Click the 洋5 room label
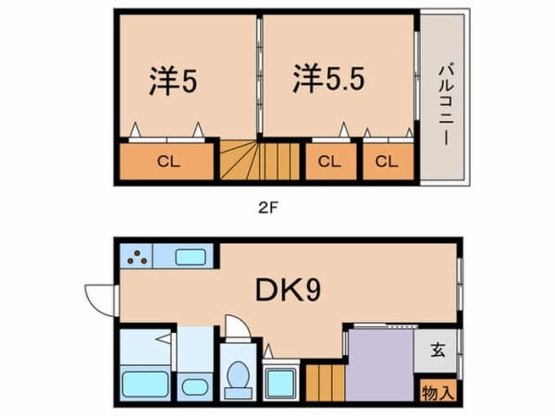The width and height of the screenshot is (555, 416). [175, 80]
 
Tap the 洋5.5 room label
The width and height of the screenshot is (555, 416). [329, 79]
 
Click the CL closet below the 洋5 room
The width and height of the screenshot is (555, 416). [167, 162]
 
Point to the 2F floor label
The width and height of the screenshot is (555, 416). [267, 208]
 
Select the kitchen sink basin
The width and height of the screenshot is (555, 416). [190, 257]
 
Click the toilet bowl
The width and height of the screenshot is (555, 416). [238, 378]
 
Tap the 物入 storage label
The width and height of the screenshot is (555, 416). [438, 392]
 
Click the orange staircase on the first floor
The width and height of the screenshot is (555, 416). [324, 382]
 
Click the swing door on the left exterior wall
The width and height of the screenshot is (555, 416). [98, 298]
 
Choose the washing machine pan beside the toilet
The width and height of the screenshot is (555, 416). [279, 381]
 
